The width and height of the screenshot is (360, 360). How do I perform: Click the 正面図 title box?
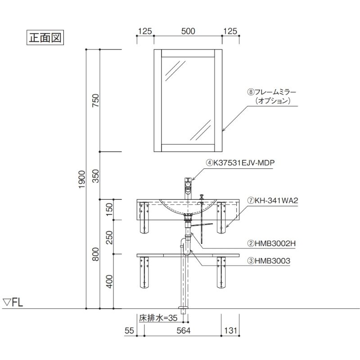point(45,37)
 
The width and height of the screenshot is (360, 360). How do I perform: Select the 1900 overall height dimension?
point(82,179)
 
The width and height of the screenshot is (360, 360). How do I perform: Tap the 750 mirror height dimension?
point(95,100)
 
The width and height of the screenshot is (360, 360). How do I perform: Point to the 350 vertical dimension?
point(95,176)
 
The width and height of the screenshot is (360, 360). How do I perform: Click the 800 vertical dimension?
point(95,254)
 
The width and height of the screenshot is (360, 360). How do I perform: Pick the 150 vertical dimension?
point(109,209)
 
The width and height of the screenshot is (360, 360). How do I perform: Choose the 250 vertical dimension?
point(109,238)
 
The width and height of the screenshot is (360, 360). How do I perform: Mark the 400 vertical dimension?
point(109,282)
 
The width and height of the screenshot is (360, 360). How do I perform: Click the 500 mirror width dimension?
point(188,31)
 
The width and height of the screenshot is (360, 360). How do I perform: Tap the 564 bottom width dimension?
point(184,331)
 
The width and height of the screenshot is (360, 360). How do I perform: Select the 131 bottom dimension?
point(230,331)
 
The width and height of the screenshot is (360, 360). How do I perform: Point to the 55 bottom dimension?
point(129,331)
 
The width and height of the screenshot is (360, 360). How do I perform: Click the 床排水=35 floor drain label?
point(158,318)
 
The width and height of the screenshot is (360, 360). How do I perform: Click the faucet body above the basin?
point(188,189)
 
